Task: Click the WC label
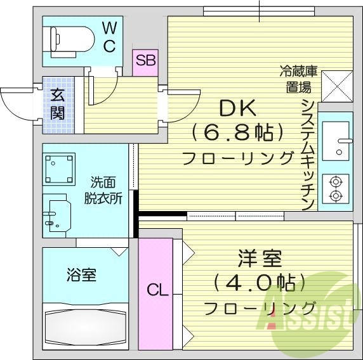point(109,37)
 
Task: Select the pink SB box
point(145,61)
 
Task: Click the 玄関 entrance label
point(57,105)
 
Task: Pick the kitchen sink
point(336,140)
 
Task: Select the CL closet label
point(157,290)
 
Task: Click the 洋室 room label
point(259,260)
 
